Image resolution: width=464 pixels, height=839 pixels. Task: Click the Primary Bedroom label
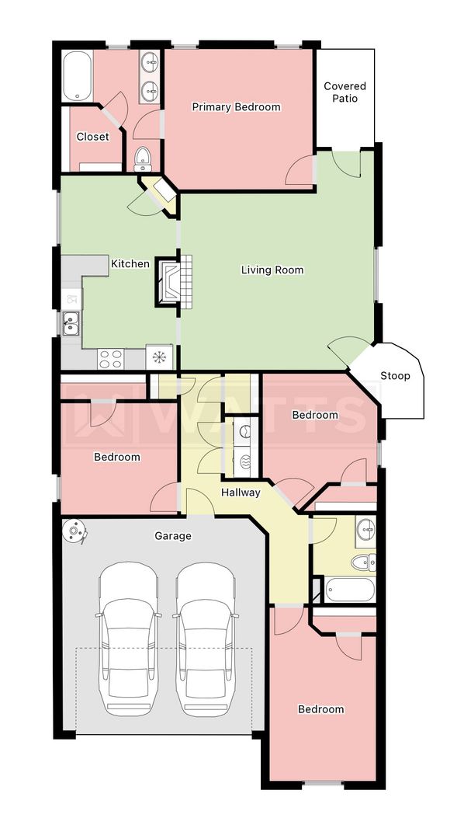pyautogui.click(x=237, y=107)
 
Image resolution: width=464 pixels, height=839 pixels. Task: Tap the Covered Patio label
pyautogui.click(x=345, y=92)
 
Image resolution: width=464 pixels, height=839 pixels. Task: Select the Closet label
pyautogui.click(x=92, y=137)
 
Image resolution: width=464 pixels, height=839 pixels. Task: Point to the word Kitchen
pyautogui.click(x=130, y=264)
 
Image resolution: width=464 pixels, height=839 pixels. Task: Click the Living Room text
pyautogui.click(x=272, y=270)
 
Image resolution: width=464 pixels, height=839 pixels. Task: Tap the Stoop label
pyautogui.click(x=395, y=376)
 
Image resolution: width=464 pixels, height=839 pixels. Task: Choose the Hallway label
pyautogui.click(x=241, y=493)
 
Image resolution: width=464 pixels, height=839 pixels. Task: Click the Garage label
pyautogui.click(x=173, y=535)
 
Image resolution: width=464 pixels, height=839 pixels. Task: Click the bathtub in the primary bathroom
pyautogui.click(x=78, y=76)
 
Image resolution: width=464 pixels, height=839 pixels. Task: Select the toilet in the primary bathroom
pyautogui.click(x=143, y=159)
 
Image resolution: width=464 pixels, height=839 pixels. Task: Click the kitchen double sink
pyautogui.click(x=71, y=324)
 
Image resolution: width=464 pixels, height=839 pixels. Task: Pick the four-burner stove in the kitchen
pyautogui.click(x=111, y=358)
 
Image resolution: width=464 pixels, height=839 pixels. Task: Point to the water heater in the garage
pyautogui.click(x=74, y=532)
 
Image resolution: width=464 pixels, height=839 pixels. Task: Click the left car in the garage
pyautogui.click(x=129, y=639)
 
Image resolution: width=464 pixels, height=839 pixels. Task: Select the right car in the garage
pyautogui.click(x=206, y=639)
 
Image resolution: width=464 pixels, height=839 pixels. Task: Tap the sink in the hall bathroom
pyautogui.click(x=365, y=530)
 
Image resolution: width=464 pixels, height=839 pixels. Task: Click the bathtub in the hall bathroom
pyautogui.click(x=350, y=590)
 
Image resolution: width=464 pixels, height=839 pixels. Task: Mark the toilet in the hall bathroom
pyautogui.click(x=363, y=562)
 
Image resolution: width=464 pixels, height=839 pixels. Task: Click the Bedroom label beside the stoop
pyautogui.click(x=315, y=415)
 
